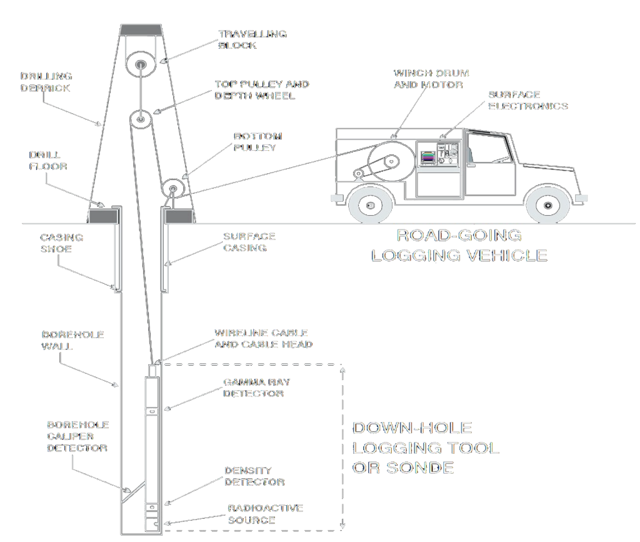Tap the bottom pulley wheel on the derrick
(173, 188)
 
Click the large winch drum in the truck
(391, 161)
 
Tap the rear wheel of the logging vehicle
(370, 204)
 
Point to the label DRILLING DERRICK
(46, 83)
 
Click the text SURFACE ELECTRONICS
(528, 101)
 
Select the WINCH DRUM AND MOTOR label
(431, 79)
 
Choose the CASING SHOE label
(61, 243)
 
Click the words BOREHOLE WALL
(64, 340)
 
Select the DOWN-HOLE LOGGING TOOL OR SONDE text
(426, 448)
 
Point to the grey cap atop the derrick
(142, 29)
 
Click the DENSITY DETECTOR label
(254, 476)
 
